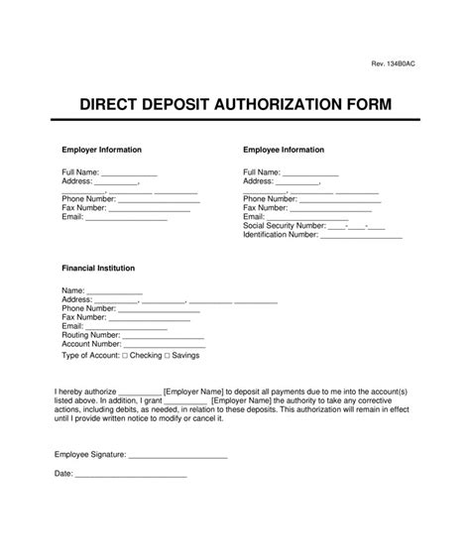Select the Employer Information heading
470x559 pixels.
[x=102, y=150]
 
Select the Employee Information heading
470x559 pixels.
[x=284, y=150]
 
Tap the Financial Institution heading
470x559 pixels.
[x=98, y=268]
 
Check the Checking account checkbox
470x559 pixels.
[x=123, y=355]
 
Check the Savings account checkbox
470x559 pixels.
[x=168, y=355]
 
